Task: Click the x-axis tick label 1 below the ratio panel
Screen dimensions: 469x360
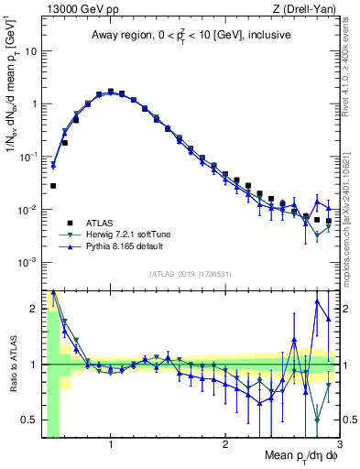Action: (x=111, y=445)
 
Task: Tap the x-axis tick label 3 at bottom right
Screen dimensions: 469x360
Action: (x=338, y=445)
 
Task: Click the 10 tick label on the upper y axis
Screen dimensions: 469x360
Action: (x=30, y=50)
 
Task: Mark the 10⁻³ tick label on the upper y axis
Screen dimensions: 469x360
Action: (x=27, y=262)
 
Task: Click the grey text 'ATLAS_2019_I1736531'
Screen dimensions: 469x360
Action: (x=191, y=274)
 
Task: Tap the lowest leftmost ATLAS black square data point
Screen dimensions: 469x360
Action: (x=53, y=186)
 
